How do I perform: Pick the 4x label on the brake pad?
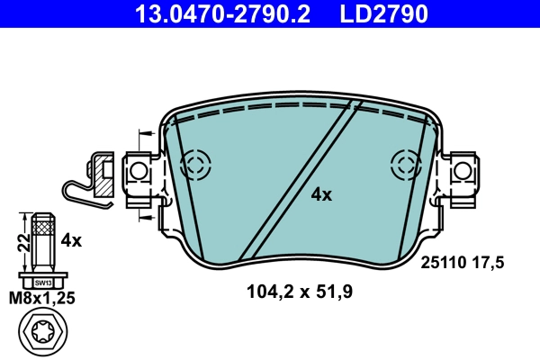click(321, 194)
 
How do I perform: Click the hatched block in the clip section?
click(103, 179)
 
